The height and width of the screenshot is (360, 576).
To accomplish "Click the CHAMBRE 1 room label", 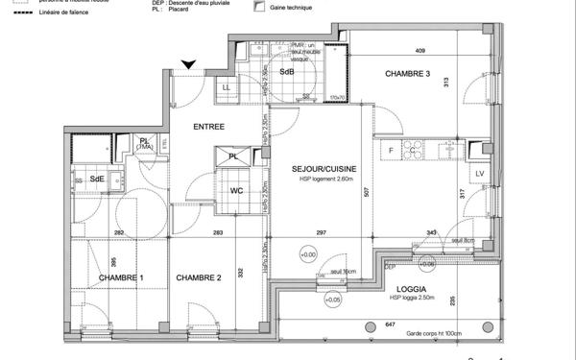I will tap(121, 277).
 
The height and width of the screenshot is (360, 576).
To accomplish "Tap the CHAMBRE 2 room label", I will tap(198, 277).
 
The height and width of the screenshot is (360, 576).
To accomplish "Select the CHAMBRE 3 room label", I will tap(408, 74).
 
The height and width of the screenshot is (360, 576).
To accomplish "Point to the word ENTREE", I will tap(209, 127).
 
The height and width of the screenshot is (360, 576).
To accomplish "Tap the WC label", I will tap(235, 190).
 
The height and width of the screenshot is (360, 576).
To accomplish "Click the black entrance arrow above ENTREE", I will tap(190, 64).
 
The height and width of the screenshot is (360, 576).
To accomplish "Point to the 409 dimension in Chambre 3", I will tap(420, 51).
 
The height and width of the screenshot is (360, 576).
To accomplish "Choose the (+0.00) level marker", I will tap(308, 254).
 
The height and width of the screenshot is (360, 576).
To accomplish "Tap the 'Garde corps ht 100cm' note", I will tap(433, 334).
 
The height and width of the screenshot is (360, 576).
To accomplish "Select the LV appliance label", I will tap(479, 173).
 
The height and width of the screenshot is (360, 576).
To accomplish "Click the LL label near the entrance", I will tap(226, 88).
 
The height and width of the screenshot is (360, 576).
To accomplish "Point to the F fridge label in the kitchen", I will tap(391, 151).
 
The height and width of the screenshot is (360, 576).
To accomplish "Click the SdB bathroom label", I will tap(286, 72).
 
